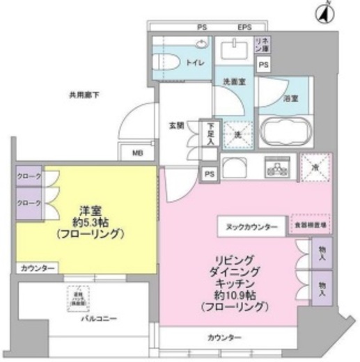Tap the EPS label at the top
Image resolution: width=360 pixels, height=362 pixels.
click(244, 27)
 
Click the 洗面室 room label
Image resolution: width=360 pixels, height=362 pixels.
click(233, 82)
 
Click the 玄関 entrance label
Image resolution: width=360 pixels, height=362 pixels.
click(175, 126)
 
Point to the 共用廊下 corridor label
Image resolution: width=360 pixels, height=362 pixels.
click(84, 95)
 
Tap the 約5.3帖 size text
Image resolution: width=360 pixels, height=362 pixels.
click(91, 222)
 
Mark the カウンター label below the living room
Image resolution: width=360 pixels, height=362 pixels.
click(224, 338)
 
